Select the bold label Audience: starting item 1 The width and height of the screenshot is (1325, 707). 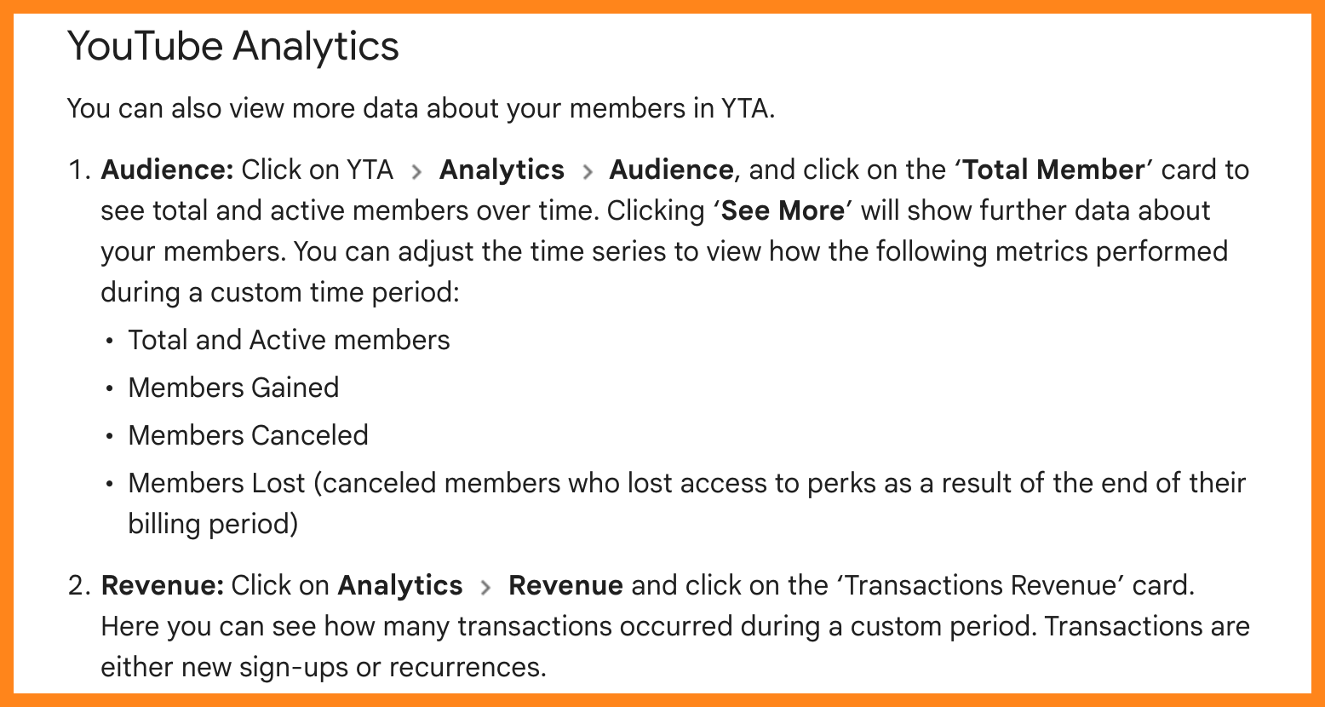[x=167, y=170]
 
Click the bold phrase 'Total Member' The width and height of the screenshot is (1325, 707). [x=1053, y=170]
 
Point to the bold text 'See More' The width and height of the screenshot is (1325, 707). [x=783, y=211]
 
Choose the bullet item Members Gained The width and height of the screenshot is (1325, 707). [x=233, y=388]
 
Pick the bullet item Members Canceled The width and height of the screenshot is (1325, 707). [x=248, y=435]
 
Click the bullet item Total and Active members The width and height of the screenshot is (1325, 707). [x=289, y=340]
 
